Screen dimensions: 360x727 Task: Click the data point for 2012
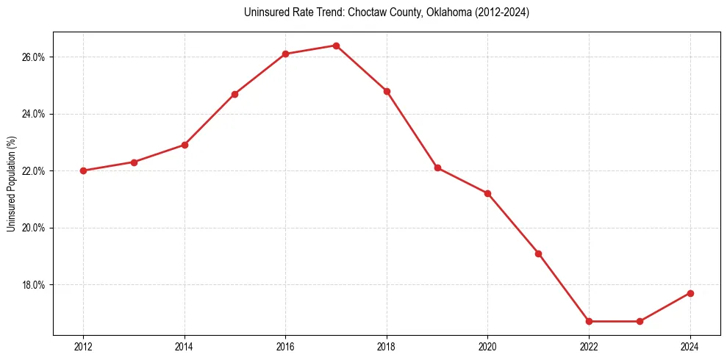[83, 170]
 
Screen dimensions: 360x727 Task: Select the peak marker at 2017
[336, 46]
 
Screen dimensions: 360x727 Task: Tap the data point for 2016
[285, 54]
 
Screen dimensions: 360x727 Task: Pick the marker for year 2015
[234, 94]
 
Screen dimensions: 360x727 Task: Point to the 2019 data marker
[437, 168]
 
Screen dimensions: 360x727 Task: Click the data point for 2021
[538, 253]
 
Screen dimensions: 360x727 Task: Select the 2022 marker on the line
[589, 321]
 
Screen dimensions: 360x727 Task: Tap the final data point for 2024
[690, 293]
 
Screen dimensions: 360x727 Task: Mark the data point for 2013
[134, 162]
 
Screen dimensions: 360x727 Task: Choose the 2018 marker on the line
[387, 91]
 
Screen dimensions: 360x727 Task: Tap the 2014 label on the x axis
[185, 346]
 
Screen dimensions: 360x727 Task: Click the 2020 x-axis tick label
[487, 346]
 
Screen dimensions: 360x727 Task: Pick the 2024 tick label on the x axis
[690, 346]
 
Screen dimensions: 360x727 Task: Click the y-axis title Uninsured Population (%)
[11, 184]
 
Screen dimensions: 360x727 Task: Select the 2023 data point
[640, 321]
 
